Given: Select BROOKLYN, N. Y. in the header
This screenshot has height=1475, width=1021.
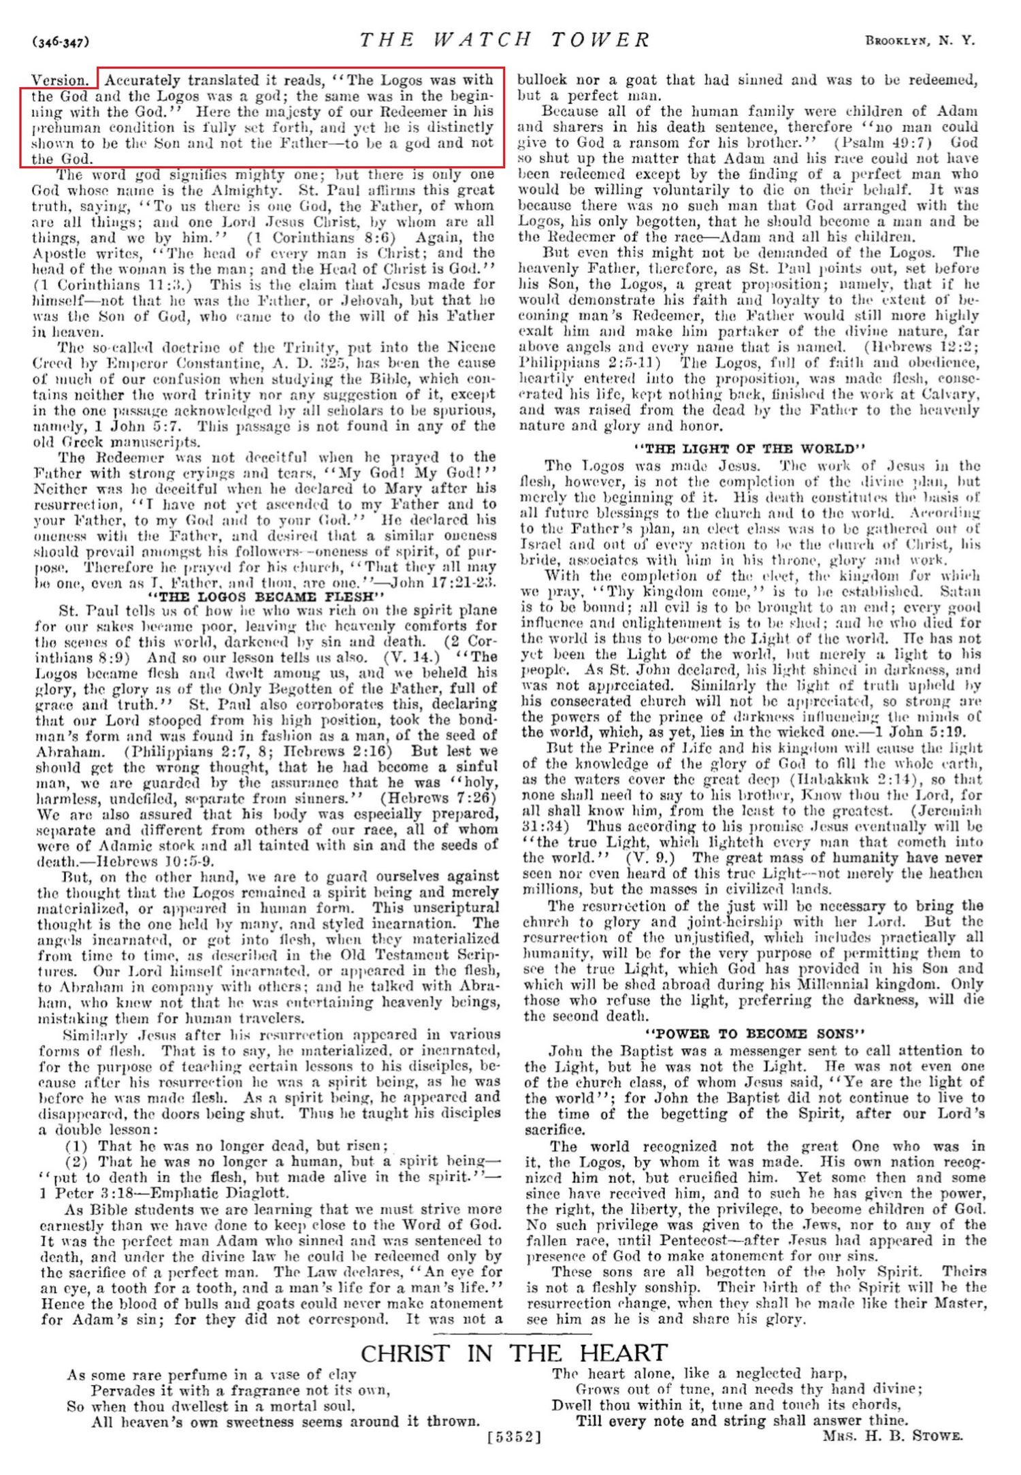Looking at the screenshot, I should (x=920, y=41).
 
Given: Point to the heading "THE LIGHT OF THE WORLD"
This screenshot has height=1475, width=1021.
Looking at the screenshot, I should (x=749, y=449).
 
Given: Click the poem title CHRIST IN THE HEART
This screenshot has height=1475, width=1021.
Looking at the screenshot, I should (x=514, y=1352).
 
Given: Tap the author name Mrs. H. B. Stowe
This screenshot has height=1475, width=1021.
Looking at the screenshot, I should (x=892, y=1436).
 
